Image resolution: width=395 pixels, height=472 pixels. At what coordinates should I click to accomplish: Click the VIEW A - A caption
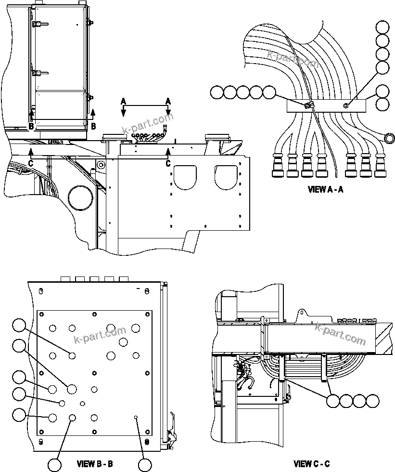point(325,189)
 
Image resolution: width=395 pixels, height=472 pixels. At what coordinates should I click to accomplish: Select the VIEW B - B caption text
point(95,464)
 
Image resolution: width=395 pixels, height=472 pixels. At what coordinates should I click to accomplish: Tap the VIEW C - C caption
point(312,464)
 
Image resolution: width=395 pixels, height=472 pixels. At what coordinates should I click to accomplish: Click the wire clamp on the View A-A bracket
point(308,105)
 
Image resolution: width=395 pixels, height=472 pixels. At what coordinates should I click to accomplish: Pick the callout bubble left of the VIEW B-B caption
point(55,465)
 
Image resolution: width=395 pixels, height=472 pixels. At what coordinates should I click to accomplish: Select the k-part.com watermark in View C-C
point(340,334)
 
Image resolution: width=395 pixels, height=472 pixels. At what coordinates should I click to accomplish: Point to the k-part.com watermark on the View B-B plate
point(100,336)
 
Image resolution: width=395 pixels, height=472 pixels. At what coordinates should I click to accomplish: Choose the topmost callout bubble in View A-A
point(383,27)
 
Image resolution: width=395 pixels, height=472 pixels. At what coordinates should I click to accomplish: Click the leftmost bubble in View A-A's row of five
point(217,92)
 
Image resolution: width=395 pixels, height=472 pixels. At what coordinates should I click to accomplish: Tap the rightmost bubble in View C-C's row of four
point(372,401)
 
